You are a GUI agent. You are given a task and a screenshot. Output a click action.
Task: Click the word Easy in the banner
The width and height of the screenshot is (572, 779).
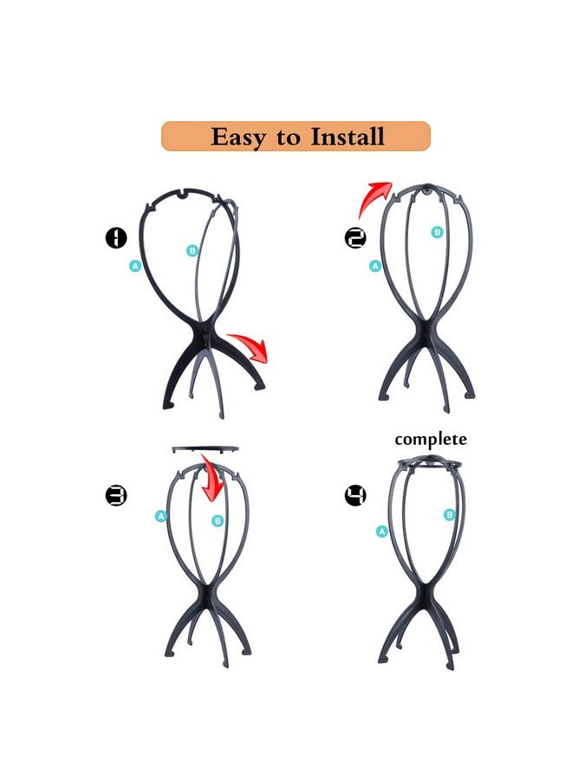click(238, 137)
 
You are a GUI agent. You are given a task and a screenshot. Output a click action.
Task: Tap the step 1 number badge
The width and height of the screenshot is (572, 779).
click(116, 238)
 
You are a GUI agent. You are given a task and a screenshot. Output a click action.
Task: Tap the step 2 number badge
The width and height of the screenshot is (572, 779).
click(354, 238)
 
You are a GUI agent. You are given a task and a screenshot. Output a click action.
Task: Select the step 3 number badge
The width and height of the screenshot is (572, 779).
click(116, 495)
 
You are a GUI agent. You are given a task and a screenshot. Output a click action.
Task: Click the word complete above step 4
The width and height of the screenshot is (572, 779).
click(431, 440)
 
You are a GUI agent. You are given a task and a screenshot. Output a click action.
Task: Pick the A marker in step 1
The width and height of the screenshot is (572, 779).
click(135, 266)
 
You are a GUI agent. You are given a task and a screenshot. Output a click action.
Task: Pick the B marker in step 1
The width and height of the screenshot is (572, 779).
click(192, 251)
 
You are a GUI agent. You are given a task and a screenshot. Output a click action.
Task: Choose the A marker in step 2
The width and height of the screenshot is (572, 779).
click(375, 267)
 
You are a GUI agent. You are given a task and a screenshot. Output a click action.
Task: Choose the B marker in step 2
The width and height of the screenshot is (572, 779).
click(437, 232)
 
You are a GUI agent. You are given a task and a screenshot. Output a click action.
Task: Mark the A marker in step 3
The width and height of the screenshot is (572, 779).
click(160, 516)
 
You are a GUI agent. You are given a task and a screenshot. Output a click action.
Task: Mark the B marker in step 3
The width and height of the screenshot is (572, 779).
click(218, 520)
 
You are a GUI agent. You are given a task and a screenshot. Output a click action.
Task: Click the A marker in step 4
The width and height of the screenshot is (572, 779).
click(381, 531)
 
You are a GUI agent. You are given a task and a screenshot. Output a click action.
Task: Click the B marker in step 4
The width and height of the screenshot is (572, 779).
click(449, 515)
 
